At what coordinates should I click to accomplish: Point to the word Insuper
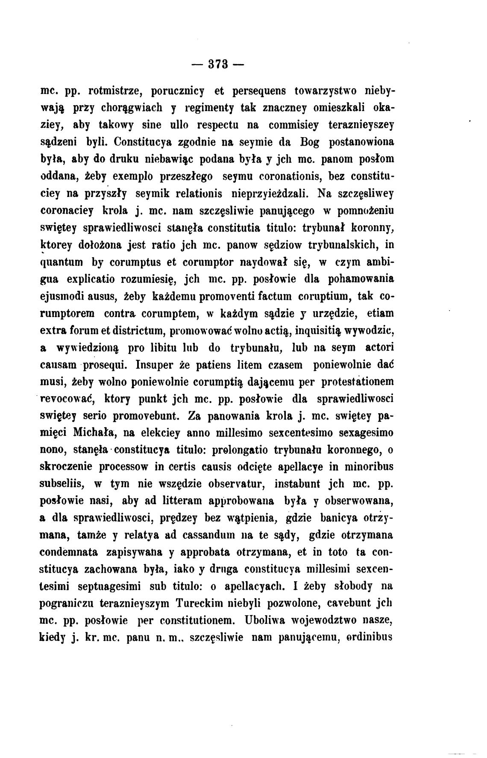pyautogui.click(x=155, y=365)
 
